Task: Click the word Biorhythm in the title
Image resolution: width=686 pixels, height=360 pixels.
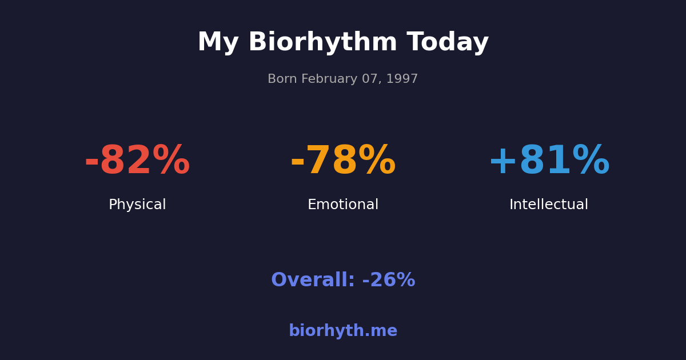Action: coord(322,43)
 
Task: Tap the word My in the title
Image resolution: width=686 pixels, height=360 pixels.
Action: coord(217,43)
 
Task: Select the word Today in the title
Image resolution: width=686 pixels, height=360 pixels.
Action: coord(448,43)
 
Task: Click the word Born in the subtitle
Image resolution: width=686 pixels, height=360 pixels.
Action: coord(281,79)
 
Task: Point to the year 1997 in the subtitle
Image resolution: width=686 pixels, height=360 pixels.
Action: coord(403,79)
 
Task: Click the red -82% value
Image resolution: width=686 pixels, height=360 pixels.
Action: coord(137,161)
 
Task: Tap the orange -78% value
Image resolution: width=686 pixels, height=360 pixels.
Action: coord(343,161)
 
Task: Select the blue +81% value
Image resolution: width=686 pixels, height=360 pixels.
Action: coord(549,161)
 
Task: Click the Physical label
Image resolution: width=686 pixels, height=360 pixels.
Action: coord(137,205)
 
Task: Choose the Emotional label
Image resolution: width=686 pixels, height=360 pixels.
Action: coord(343,205)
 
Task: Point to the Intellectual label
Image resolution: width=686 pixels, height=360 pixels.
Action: coord(549,205)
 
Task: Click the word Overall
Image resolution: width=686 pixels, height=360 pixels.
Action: coord(313,281)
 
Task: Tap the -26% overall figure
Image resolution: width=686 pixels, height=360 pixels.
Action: coord(389,281)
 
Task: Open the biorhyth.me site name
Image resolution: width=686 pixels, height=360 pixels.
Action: coord(343,331)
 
